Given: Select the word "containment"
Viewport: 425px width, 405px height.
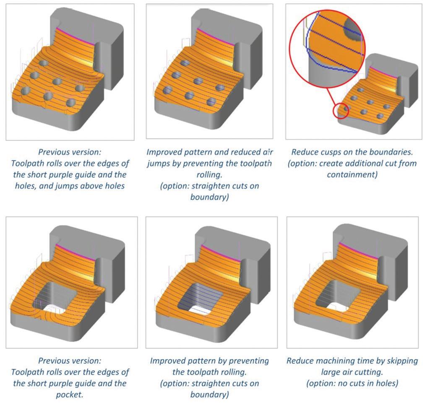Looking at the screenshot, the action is click(x=352, y=174).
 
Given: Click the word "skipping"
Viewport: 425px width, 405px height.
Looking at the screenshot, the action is click(x=402, y=361).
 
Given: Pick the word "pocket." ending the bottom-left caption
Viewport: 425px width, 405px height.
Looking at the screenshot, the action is click(x=70, y=394).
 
